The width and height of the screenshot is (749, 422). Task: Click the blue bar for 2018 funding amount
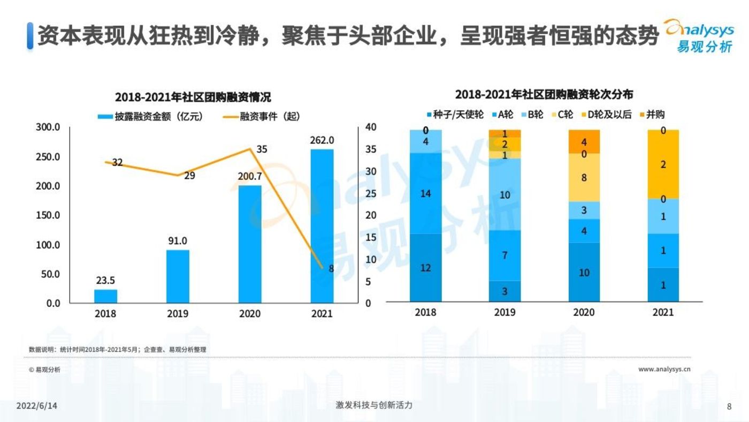pos(105,296)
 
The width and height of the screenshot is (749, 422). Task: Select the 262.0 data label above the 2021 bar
pos(322,140)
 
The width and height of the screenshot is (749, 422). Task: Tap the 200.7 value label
pos(250,176)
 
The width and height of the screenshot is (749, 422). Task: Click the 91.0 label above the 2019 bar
pos(178,240)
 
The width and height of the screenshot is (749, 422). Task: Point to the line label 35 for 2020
pos(262,149)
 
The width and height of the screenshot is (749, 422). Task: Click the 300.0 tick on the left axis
pos(48,127)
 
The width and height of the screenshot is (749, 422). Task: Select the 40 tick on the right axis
pos(371,127)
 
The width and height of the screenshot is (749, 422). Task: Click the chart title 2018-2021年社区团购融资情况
pos(193,97)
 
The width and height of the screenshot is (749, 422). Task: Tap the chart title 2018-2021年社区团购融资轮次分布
pos(544,95)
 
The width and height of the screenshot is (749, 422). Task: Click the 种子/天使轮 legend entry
pos(454,114)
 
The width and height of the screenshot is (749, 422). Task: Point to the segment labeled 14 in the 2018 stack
pos(426,193)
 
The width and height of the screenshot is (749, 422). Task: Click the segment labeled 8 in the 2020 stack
pos(584,177)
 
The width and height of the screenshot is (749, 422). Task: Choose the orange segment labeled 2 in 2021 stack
pos(663,164)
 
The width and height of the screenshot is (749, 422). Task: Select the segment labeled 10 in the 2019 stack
pos(505,194)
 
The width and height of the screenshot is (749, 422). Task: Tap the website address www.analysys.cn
pos(664,369)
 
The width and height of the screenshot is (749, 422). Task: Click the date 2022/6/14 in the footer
pos(36,406)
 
